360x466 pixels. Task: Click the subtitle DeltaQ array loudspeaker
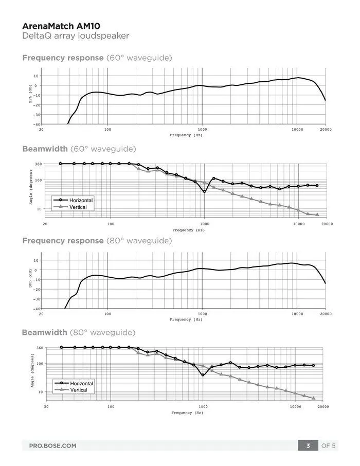click(x=76, y=36)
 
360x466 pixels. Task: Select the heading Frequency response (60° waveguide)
click(x=97, y=58)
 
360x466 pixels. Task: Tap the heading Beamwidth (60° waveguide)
click(x=79, y=149)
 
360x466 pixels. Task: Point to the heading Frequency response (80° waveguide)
click(x=97, y=240)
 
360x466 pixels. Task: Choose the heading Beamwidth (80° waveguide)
click(x=79, y=332)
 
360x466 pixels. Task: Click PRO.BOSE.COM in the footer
click(x=52, y=445)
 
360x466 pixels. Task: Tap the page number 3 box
click(x=308, y=445)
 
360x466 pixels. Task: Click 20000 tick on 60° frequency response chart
click(x=325, y=130)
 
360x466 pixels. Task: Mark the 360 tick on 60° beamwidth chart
click(x=38, y=164)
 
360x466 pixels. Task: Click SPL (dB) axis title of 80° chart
click(x=30, y=279)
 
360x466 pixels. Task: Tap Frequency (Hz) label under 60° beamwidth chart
click(x=188, y=230)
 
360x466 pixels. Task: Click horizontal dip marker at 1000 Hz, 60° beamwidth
click(x=204, y=191)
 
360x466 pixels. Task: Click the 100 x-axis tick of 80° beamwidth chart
click(x=111, y=407)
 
